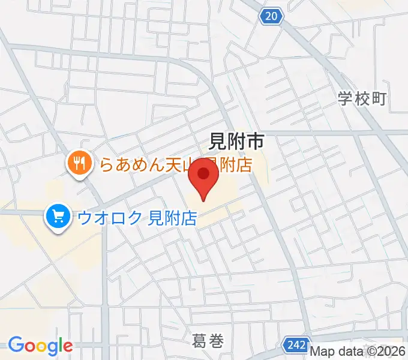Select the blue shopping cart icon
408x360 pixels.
pos(58,215)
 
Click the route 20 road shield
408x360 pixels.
pos(272,17)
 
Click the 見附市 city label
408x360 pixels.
pos(236,142)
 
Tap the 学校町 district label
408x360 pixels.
pos(362,99)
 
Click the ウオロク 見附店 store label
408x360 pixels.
pos(137,217)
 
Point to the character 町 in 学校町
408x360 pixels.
pos(379,99)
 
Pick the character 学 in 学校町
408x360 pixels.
pos(345,99)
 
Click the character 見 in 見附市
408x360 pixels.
pos(217,142)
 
